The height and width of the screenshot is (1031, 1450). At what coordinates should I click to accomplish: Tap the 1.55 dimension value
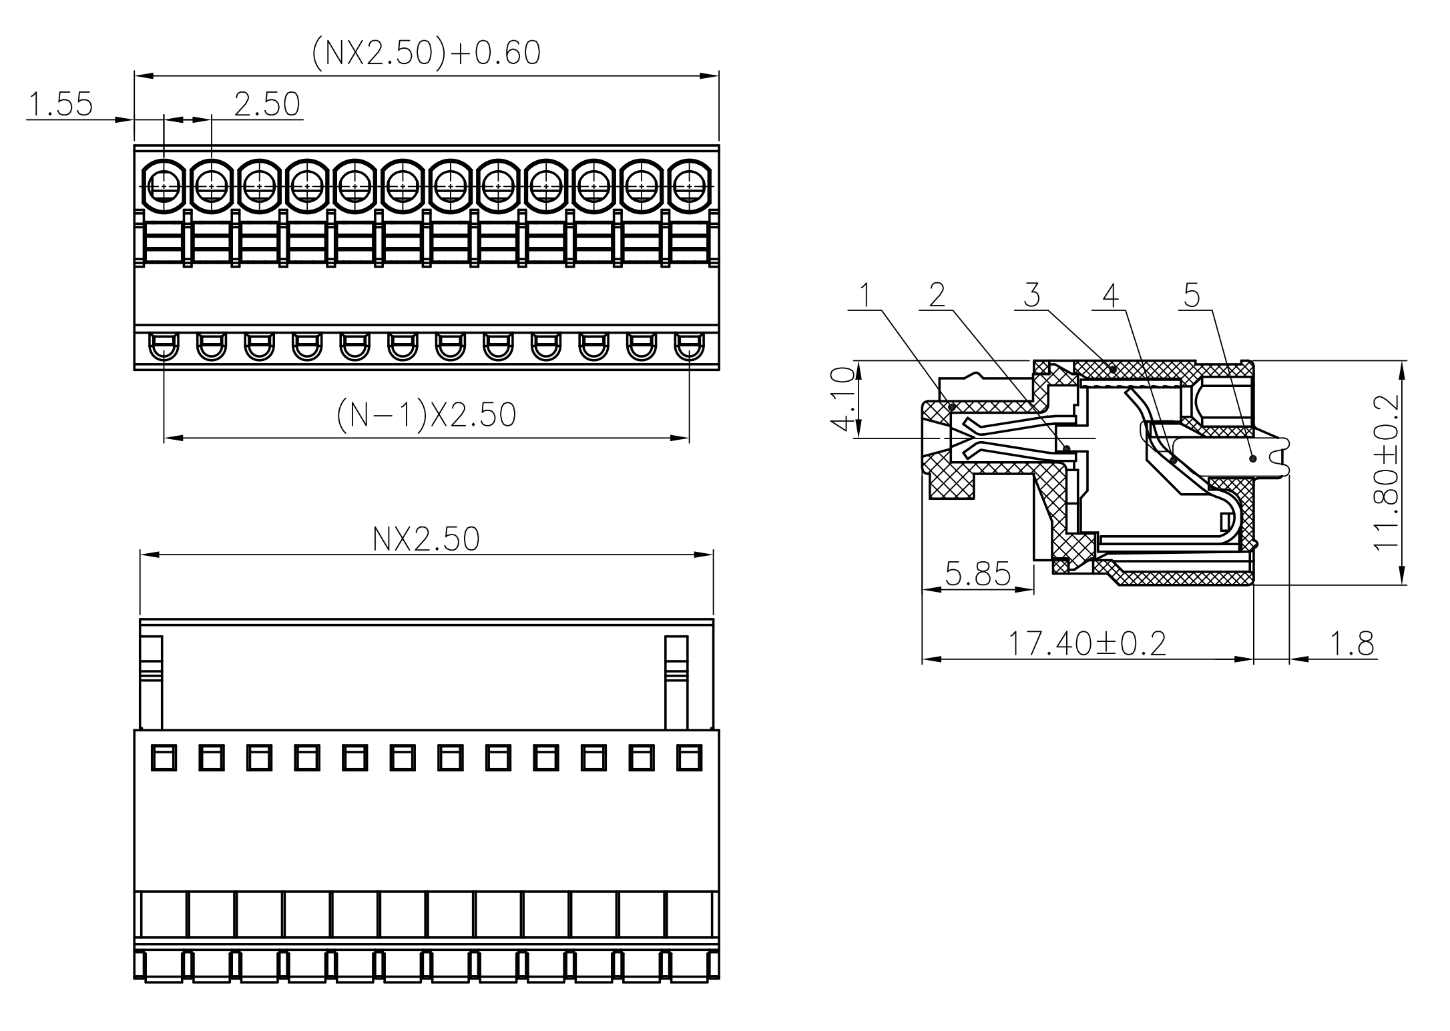[60, 105]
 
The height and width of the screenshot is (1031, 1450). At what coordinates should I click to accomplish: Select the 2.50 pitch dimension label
[267, 105]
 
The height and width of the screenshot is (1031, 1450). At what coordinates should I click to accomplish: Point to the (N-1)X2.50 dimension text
[426, 415]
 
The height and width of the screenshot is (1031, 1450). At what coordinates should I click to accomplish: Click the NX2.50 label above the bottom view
[426, 539]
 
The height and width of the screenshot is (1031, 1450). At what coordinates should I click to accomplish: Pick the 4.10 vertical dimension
[843, 399]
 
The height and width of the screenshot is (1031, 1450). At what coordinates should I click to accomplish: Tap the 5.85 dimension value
[978, 574]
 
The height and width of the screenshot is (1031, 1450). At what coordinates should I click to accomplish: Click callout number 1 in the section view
[866, 294]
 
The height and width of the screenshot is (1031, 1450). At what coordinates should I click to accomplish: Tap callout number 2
[937, 294]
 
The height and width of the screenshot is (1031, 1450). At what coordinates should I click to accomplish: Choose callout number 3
[1031, 294]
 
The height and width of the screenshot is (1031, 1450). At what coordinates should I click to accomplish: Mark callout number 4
[1110, 294]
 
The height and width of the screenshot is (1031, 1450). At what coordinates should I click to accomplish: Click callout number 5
[1192, 294]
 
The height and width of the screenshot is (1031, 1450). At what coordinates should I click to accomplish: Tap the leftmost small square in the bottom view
[164, 758]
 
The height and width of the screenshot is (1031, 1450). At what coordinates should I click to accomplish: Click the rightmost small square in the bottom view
[689, 758]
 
